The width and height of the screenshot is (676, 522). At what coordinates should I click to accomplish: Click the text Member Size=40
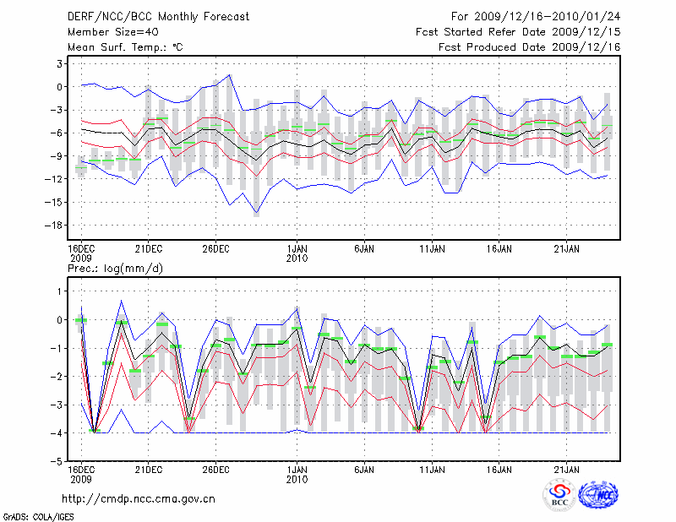(x=111, y=32)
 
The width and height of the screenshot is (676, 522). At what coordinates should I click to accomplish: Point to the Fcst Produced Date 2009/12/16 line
(x=523, y=47)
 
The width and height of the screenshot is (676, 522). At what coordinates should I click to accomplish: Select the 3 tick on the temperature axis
(x=61, y=63)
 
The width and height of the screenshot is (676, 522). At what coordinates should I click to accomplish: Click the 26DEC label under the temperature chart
(x=215, y=249)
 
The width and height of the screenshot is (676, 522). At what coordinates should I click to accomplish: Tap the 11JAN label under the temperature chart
(x=432, y=249)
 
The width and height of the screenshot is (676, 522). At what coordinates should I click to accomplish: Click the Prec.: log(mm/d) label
(x=113, y=268)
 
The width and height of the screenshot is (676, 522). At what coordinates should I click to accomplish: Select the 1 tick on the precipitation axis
(x=61, y=291)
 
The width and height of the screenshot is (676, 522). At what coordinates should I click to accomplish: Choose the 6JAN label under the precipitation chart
(x=364, y=469)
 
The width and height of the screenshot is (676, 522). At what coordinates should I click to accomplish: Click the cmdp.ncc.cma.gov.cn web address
(x=139, y=498)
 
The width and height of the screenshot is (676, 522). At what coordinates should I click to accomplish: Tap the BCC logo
(x=559, y=496)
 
